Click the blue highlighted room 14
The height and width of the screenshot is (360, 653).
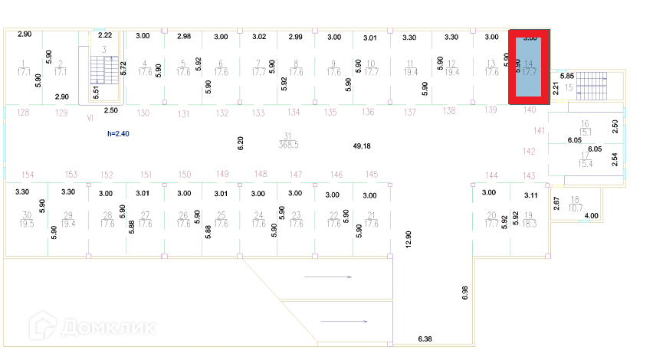[530, 67]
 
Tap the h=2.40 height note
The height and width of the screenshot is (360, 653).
[120, 134]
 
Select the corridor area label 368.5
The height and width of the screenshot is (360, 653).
[289, 144]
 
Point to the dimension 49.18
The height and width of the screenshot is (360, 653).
[362, 146]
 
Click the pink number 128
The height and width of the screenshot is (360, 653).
[23, 113]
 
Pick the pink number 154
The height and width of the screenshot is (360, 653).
[28, 175]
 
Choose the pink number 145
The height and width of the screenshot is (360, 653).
[372, 175]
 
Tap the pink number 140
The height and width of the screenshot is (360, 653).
[530, 110]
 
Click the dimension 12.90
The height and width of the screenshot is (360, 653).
[409, 240]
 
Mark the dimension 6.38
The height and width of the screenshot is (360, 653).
[425, 338]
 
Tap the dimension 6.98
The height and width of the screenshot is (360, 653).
[464, 292]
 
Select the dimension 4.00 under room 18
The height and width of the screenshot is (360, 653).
[591, 217]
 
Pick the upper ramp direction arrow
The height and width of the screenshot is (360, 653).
[328, 277]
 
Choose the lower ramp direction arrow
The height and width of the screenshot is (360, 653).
[344, 321]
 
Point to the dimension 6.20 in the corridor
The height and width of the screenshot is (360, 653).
[240, 142]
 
